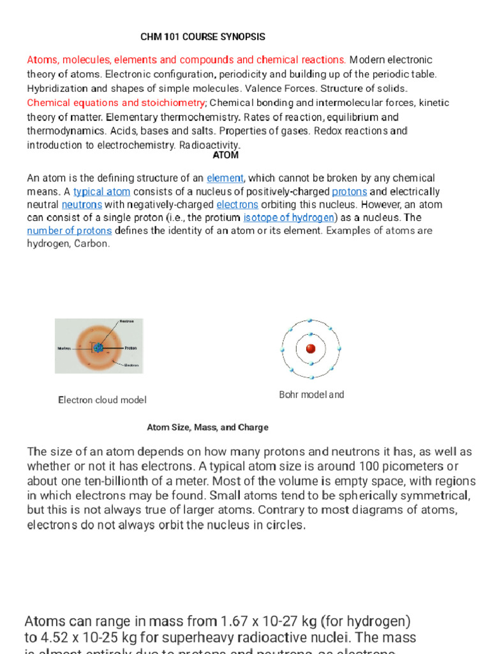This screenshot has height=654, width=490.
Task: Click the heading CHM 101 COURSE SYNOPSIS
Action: pyautogui.click(x=202, y=37)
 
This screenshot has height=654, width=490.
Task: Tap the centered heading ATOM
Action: pyautogui.click(x=225, y=155)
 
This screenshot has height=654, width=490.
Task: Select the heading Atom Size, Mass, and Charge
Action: pyautogui.click(x=207, y=427)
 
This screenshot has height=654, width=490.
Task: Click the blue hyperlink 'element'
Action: pyautogui.click(x=225, y=178)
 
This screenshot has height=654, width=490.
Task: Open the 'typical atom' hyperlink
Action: pyautogui.click(x=102, y=192)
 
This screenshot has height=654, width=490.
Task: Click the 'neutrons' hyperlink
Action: pyautogui.click(x=82, y=205)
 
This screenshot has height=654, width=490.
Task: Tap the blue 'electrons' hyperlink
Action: pyautogui.click(x=237, y=205)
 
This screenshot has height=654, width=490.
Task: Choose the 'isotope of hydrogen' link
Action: pyautogui.click(x=289, y=218)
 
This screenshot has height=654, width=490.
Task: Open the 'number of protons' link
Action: pyautogui.click(x=70, y=231)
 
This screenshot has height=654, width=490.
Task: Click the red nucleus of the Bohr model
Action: pyautogui.click(x=311, y=349)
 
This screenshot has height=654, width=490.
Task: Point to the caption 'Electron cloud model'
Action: pyautogui.click(x=102, y=400)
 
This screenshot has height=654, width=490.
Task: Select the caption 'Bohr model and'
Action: pyautogui.click(x=311, y=395)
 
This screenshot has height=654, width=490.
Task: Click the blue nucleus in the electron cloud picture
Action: pyautogui.click(x=99, y=347)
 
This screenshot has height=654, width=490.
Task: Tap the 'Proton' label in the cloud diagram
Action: pyautogui.click(x=130, y=348)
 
